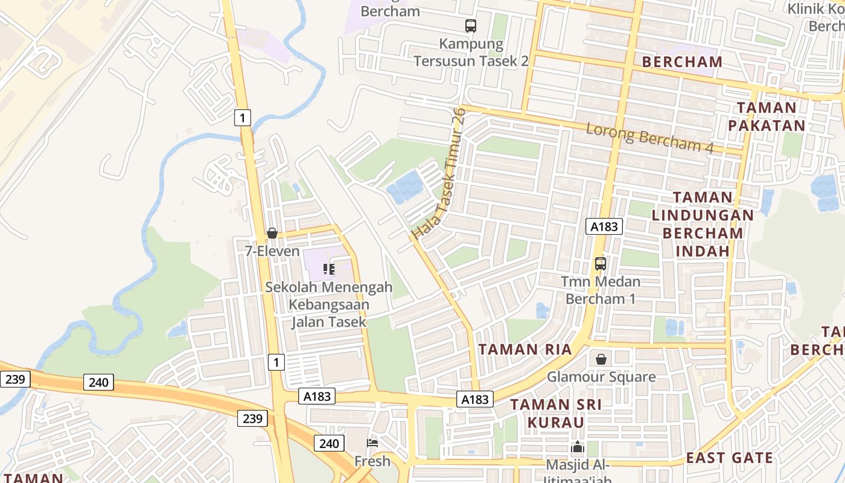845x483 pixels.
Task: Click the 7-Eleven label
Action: (272, 251)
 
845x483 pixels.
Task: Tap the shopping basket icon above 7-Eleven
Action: (272, 233)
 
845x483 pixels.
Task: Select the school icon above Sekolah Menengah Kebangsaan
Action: (329, 269)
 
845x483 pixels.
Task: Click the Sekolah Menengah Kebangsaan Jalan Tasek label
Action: (329, 304)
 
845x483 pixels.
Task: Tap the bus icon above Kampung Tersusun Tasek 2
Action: (471, 26)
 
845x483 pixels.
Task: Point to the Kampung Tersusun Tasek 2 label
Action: (471, 53)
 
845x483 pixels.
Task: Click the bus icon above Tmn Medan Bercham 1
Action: (601, 264)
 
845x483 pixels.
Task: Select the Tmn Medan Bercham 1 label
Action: (601, 290)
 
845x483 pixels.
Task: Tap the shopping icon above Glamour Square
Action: (601, 360)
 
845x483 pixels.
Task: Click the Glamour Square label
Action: (601, 377)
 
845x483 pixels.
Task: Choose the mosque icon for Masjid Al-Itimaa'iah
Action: (578, 448)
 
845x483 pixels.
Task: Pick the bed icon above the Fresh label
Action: (372, 444)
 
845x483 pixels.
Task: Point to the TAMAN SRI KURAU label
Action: (556, 413)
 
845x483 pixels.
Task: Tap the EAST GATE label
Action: (729, 458)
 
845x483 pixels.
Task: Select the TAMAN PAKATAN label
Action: (766, 117)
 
